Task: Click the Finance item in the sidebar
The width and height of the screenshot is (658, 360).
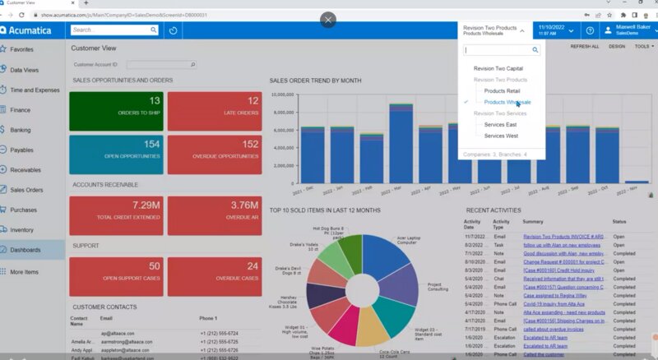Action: (x=21, y=109)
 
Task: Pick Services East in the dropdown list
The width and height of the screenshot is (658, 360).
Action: (x=500, y=124)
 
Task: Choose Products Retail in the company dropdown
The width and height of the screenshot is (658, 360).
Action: (x=502, y=91)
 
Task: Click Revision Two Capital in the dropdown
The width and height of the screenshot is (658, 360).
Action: (x=498, y=69)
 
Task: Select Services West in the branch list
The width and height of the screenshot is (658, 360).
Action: (x=501, y=136)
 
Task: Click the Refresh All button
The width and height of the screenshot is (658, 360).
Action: (x=584, y=47)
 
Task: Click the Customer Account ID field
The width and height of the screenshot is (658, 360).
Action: (x=160, y=64)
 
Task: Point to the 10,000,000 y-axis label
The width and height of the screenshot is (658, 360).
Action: (x=283, y=94)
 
